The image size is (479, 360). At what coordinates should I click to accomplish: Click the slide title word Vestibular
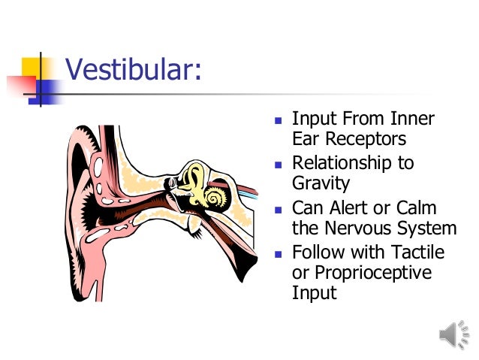click(x=131, y=71)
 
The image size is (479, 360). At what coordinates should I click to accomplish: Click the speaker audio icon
click(x=455, y=335)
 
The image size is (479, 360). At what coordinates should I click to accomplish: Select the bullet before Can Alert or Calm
click(x=278, y=208)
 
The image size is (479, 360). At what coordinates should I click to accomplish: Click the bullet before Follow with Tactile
click(x=278, y=253)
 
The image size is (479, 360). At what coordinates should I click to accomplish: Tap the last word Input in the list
click(x=314, y=292)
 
